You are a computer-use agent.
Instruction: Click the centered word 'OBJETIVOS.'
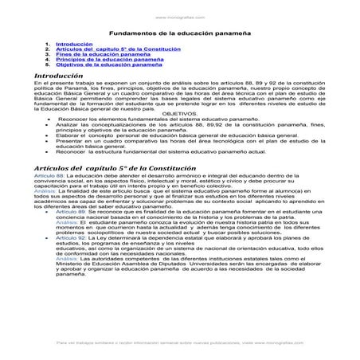[x=179, y=114]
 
